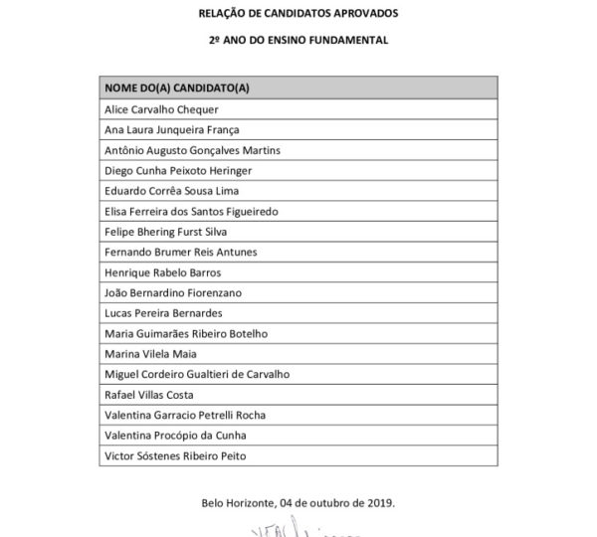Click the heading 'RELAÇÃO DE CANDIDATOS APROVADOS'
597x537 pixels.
tap(298, 14)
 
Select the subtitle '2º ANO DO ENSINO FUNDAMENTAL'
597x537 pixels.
tap(298, 41)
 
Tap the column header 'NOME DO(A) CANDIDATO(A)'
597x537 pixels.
tap(176, 89)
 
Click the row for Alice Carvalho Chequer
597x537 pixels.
tap(161, 109)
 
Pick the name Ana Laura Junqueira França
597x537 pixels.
tap(172, 129)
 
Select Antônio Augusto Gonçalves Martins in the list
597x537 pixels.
tap(192, 150)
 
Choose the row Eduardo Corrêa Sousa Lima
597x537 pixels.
tap(172, 191)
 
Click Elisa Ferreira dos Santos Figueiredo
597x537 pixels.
tap(192, 211)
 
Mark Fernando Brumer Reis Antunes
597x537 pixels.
tap(181, 252)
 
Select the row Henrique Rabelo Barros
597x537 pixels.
tap(162, 272)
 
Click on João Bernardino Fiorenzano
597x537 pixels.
tap(173, 292)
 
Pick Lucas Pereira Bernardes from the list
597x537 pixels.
tap(163, 313)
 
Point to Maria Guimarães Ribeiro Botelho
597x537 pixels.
tap(186, 333)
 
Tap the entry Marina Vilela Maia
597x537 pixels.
tap(151, 354)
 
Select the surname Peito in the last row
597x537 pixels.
tap(257, 456)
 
